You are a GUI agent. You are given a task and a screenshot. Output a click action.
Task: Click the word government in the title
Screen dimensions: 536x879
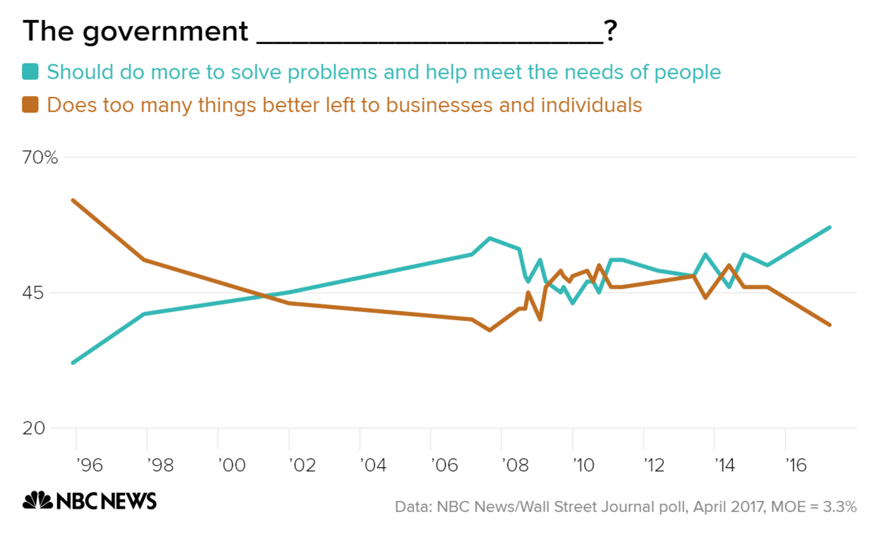pos(165,31)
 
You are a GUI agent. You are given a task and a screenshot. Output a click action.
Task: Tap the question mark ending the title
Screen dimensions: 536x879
pos(610,31)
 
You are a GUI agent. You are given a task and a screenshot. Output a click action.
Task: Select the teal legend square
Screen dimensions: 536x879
pos(30,72)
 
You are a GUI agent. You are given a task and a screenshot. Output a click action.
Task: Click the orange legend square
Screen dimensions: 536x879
pos(30,105)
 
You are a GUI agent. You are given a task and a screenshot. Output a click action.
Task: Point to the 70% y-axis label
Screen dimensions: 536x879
pos(40,157)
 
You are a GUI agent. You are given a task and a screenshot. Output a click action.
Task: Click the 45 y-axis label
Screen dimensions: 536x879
pos(33,293)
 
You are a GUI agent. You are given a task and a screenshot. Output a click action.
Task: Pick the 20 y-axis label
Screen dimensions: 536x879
pos(33,428)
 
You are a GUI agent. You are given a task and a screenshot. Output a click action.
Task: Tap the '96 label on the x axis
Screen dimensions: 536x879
pos(89,465)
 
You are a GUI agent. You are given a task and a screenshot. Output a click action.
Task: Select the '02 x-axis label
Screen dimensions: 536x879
pos(302,465)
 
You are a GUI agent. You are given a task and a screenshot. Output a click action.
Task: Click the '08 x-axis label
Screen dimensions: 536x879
pos(515,465)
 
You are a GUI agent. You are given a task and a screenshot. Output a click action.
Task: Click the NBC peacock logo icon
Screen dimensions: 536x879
pos(37,501)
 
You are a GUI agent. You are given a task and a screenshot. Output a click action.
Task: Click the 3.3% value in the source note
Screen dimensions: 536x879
pos(840,507)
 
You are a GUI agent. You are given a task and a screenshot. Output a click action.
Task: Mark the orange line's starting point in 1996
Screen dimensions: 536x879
pos(73,200)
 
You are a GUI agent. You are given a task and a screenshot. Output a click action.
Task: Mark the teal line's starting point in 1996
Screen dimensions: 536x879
pos(73,363)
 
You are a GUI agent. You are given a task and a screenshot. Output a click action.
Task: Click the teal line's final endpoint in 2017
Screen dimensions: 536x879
pos(829,228)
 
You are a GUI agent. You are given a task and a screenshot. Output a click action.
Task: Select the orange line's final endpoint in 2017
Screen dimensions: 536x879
pos(829,325)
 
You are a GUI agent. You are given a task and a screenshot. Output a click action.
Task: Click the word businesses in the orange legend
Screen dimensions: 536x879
pos(439,105)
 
